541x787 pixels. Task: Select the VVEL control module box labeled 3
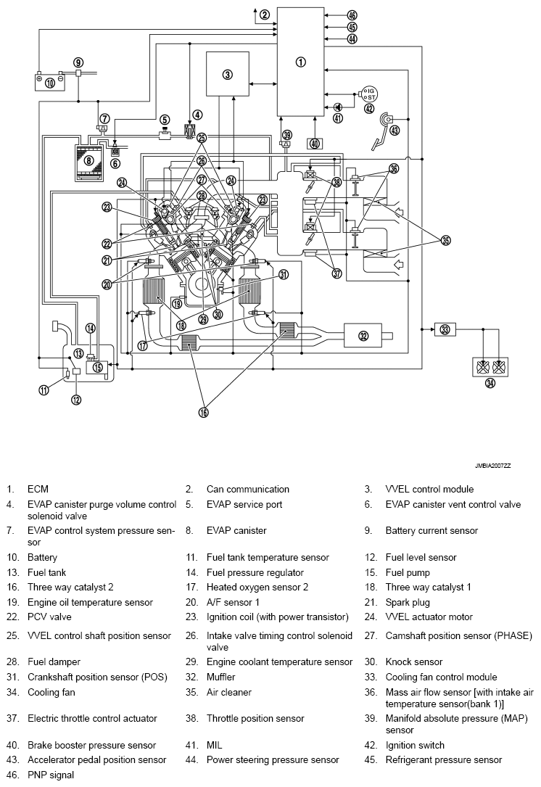coord(227,74)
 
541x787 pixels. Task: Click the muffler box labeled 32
coord(363,335)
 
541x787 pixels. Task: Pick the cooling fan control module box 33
coord(445,329)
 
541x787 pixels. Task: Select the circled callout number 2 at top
coord(265,15)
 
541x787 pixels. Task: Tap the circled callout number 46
coord(352,15)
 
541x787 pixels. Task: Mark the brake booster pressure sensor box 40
coord(314,143)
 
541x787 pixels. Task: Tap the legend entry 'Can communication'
coord(247,489)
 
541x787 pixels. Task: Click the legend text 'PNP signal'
coord(50,775)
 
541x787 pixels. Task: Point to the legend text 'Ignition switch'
coord(415,745)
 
